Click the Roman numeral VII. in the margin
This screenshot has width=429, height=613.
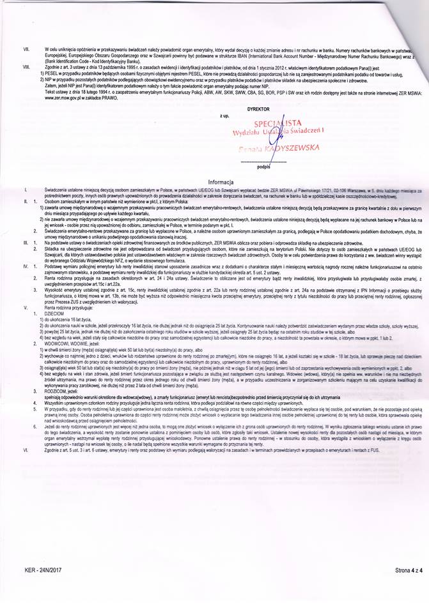(26, 49)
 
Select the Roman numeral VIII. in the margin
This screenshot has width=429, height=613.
(26, 66)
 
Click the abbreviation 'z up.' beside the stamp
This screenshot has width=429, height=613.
(224, 117)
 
